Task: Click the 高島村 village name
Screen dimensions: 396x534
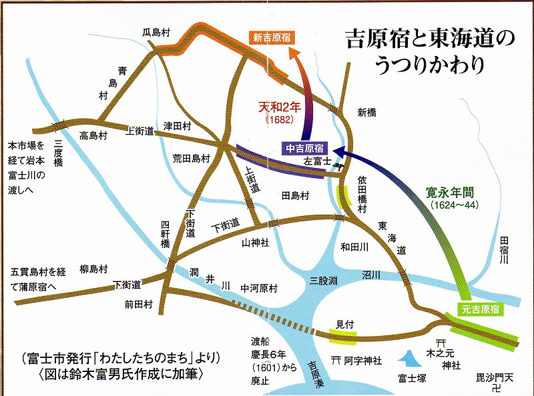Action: pos(93,135)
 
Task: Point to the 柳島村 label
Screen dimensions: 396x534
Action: pos(93,269)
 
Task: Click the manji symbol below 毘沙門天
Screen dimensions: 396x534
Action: pos(495,387)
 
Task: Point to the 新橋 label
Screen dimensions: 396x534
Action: pos(368,112)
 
